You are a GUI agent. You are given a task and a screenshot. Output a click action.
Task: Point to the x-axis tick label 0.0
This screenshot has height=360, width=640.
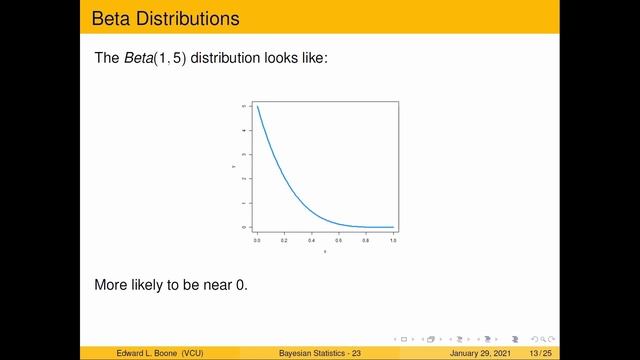coord(258,241)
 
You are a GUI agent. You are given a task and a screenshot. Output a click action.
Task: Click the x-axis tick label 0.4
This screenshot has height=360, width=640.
coord(312,241)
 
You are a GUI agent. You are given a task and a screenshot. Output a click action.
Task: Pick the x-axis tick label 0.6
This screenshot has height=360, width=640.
coord(339,241)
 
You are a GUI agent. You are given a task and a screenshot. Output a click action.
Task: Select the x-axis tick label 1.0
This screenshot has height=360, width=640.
coord(393,241)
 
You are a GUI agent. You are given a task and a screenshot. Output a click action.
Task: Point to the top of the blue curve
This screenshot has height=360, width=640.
coord(258,107)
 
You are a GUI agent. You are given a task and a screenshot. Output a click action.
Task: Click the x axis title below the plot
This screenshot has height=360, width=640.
coord(325,251)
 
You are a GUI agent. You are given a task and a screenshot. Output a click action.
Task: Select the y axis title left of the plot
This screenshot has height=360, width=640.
coord(233,167)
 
